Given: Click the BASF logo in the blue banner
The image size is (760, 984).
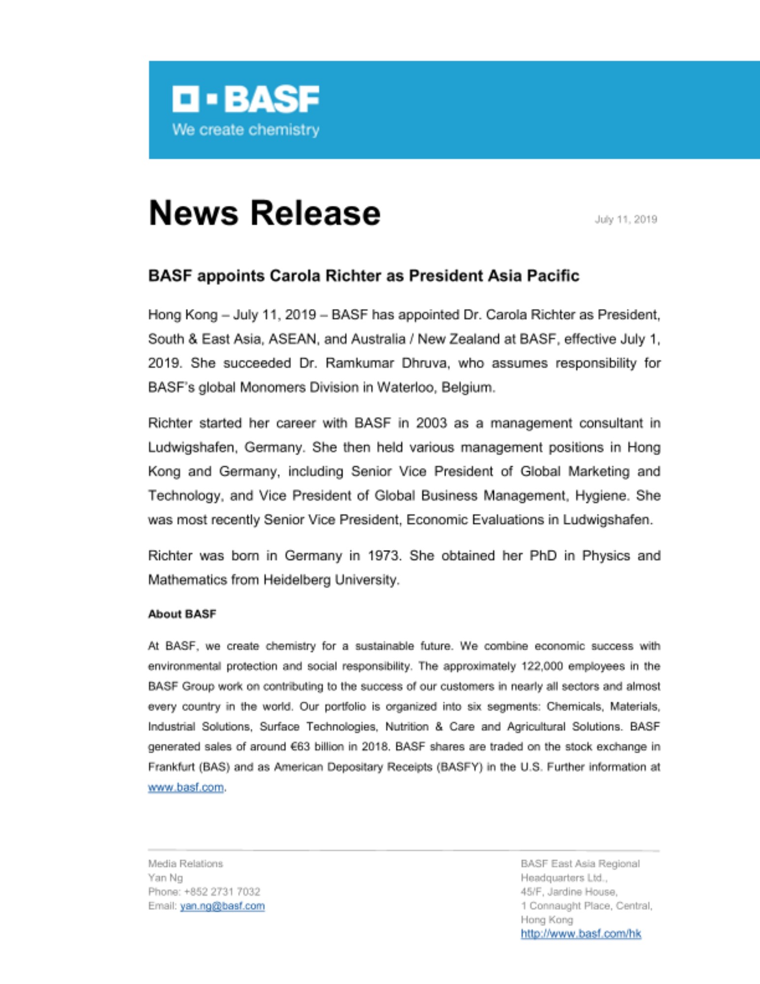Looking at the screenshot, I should [245, 99].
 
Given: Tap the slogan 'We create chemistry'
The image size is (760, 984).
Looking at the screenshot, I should [245, 130].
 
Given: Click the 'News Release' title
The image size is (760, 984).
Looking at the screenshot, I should [264, 213].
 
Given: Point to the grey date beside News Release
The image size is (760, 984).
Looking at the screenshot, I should [625, 219].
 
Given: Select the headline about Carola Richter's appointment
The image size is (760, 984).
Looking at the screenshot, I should [364, 276].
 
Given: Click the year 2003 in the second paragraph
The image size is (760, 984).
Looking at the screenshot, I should [431, 423].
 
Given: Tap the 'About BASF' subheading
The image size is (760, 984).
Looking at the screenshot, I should [182, 614].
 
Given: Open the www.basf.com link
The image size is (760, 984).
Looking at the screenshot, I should [186, 787].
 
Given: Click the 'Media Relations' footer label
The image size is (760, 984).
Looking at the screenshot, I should [185, 863].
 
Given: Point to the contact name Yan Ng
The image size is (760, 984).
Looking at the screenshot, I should [165, 878].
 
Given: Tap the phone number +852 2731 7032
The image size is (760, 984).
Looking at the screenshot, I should [221, 892].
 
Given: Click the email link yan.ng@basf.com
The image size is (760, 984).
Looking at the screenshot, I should [222, 906].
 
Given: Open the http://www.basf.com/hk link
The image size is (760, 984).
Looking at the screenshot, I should [580, 933].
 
